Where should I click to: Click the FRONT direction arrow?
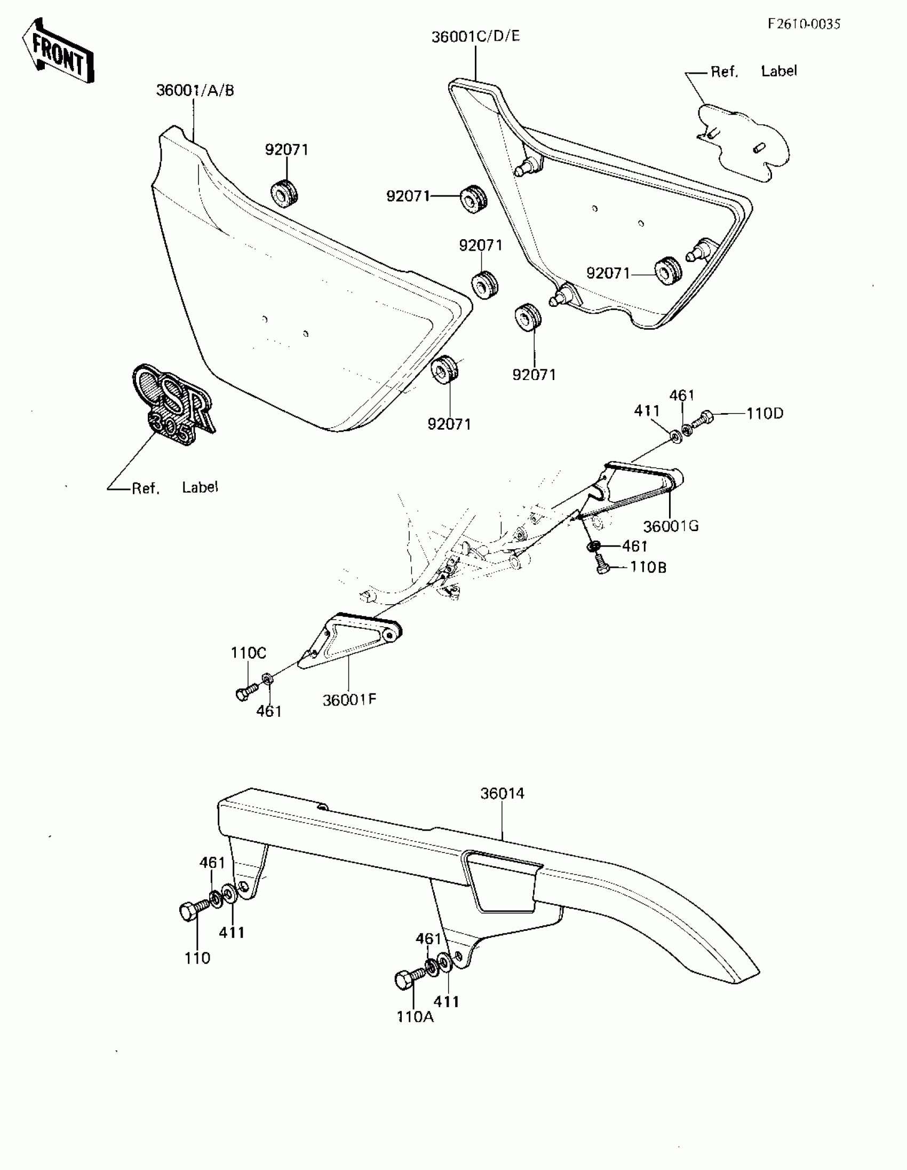(58, 52)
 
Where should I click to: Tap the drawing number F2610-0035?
(803, 24)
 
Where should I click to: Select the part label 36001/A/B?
(195, 91)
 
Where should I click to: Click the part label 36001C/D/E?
(475, 36)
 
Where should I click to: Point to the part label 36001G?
(670, 526)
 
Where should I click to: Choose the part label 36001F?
(349, 700)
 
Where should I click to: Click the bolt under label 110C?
(244, 692)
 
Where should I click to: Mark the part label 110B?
(648, 567)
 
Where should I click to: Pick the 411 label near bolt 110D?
(647, 411)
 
